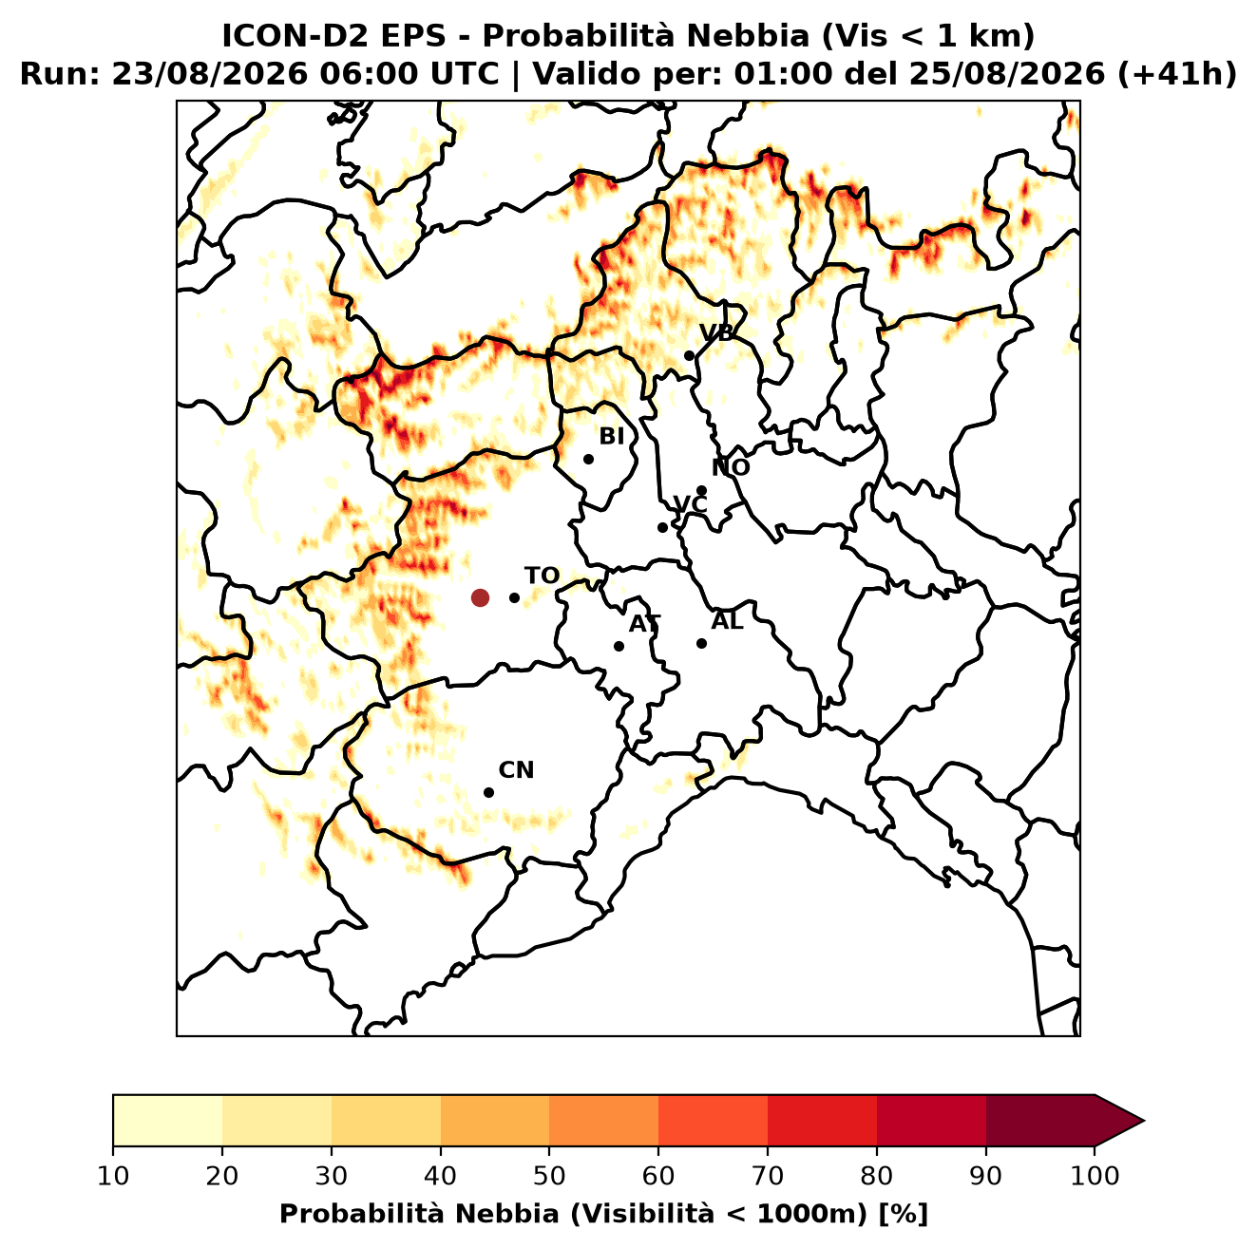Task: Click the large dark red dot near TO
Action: click(x=480, y=596)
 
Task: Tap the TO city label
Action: click(x=542, y=576)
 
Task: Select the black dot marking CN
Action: click(x=488, y=792)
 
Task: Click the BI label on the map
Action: click(x=611, y=437)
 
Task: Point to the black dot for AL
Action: click(x=701, y=643)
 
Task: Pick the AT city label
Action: click(x=644, y=624)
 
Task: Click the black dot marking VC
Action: click(x=663, y=527)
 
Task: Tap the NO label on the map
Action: click(x=731, y=467)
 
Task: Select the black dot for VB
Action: click(x=690, y=355)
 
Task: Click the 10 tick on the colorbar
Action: click(x=113, y=1176)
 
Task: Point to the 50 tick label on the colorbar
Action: click(x=549, y=1176)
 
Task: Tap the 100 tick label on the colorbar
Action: click(x=1095, y=1176)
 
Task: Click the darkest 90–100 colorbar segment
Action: click(x=1040, y=1121)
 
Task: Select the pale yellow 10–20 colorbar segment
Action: click(x=167, y=1121)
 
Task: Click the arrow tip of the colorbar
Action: click(x=1144, y=1121)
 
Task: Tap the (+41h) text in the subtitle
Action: click(x=1177, y=74)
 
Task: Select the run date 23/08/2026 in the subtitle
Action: click(x=210, y=74)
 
